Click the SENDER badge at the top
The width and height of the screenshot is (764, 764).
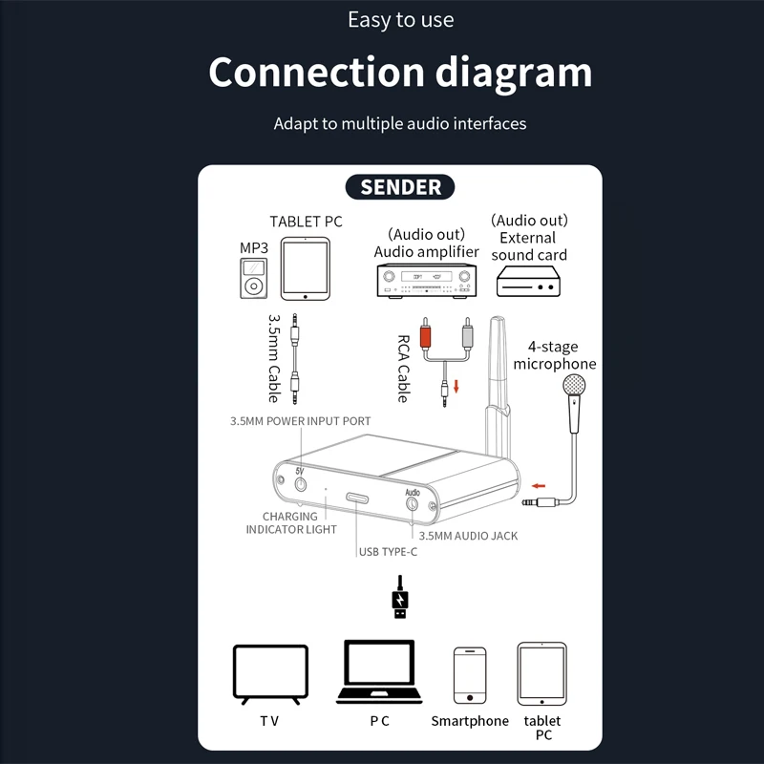point(400,186)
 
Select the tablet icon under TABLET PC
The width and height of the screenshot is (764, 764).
point(305,269)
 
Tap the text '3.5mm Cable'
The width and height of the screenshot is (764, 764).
point(273,358)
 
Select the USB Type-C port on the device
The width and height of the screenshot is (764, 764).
point(358,499)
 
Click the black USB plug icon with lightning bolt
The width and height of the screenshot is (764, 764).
point(400,600)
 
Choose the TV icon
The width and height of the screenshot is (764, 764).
point(270,674)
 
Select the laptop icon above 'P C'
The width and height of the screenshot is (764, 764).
point(379,673)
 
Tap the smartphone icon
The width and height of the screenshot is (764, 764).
point(469,676)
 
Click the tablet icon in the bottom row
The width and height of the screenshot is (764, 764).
point(541,674)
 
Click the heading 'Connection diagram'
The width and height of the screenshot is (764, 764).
point(400,73)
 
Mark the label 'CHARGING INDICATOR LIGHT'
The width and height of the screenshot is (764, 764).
point(290,522)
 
